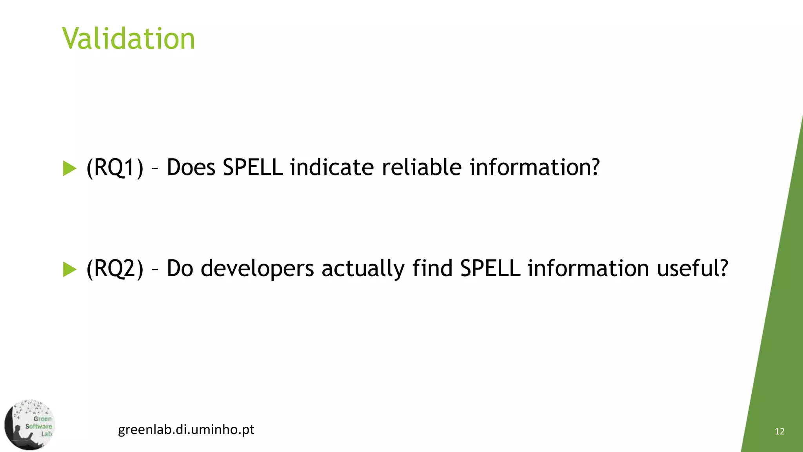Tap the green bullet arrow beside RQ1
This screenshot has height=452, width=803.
[x=69, y=168]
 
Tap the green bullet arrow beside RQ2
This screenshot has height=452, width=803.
[x=69, y=269]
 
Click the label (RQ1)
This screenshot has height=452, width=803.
[x=115, y=168]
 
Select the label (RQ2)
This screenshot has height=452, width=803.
[x=115, y=269]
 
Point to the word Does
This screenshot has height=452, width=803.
[x=191, y=168]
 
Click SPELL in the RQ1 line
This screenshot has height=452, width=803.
[x=253, y=168]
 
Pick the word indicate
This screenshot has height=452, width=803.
[x=332, y=168]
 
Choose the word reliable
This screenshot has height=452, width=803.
[x=422, y=168]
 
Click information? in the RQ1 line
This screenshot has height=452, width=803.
[x=534, y=168]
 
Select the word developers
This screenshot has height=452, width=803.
[x=257, y=269]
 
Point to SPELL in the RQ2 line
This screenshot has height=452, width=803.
[x=490, y=269]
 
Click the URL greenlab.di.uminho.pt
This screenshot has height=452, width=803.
[x=186, y=430]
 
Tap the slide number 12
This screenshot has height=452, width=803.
[x=779, y=432]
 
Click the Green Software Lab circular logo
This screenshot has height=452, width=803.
[x=30, y=425]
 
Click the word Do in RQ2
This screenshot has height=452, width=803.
[x=180, y=269]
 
